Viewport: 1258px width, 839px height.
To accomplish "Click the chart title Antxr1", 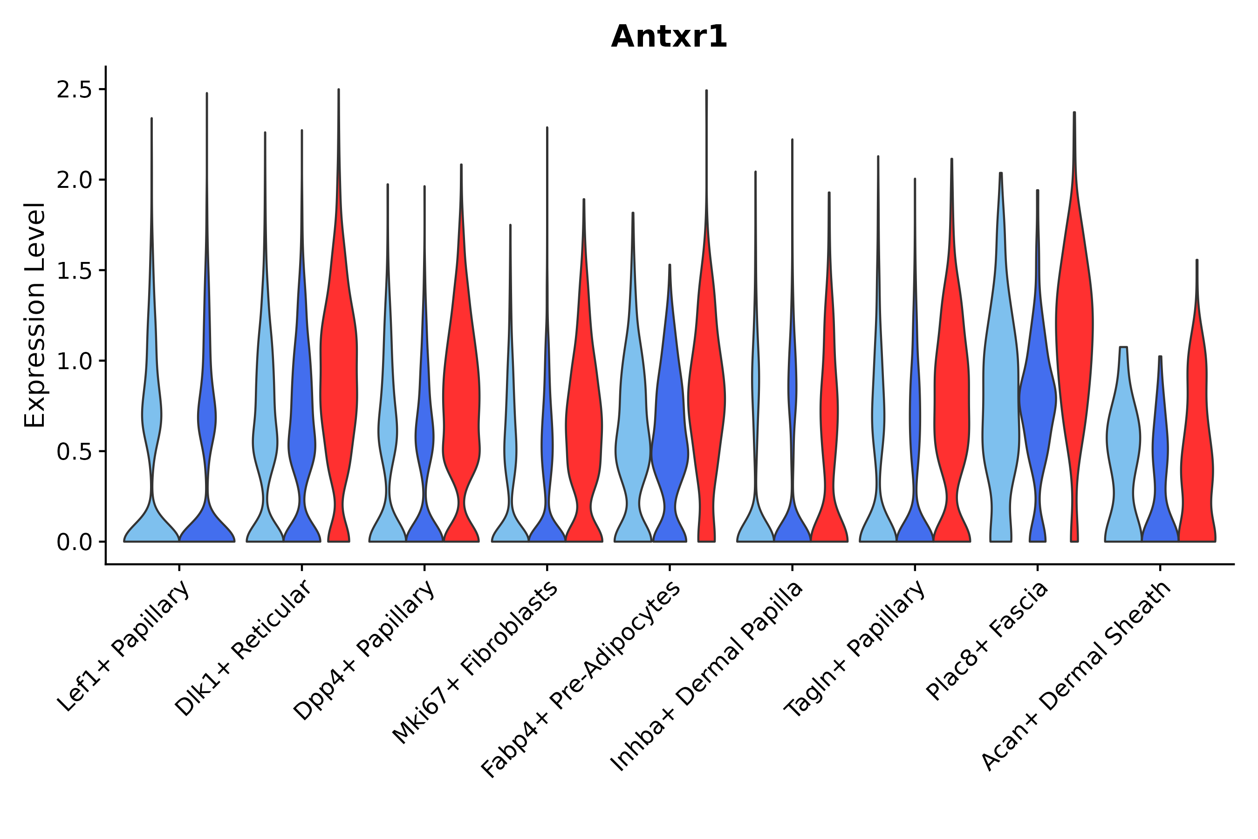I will click(669, 37).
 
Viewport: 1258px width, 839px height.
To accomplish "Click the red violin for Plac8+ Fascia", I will click(1074, 348).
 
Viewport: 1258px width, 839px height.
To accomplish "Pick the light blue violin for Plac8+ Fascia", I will click(1000, 375).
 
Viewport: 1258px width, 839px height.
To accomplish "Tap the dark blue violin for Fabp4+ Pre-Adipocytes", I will click(669, 439).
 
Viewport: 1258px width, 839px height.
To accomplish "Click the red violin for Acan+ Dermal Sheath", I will click(1196, 428).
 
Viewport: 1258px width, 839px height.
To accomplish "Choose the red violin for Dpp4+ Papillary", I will click(461, 401).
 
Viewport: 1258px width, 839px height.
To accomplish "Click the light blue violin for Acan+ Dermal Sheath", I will click(1123, 439).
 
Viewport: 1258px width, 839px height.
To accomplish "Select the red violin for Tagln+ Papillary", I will click(951, 401).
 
